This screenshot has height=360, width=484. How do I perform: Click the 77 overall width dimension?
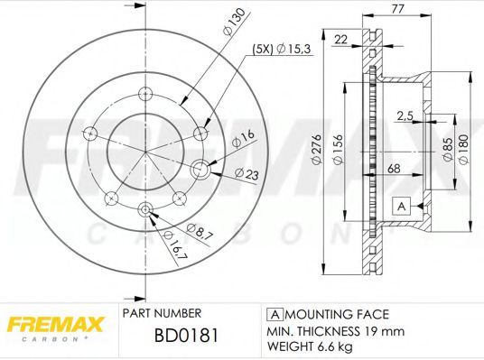click(x=398, y=11)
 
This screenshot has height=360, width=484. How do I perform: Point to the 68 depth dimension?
click(x=396, y=169)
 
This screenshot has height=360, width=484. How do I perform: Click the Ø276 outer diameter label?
click(x=317, y=152)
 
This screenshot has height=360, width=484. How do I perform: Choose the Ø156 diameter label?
click(x=335, y=152)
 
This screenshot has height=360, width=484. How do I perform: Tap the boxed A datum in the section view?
click(x=399, y=206)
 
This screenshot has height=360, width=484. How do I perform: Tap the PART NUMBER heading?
click(x=161, y=313)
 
